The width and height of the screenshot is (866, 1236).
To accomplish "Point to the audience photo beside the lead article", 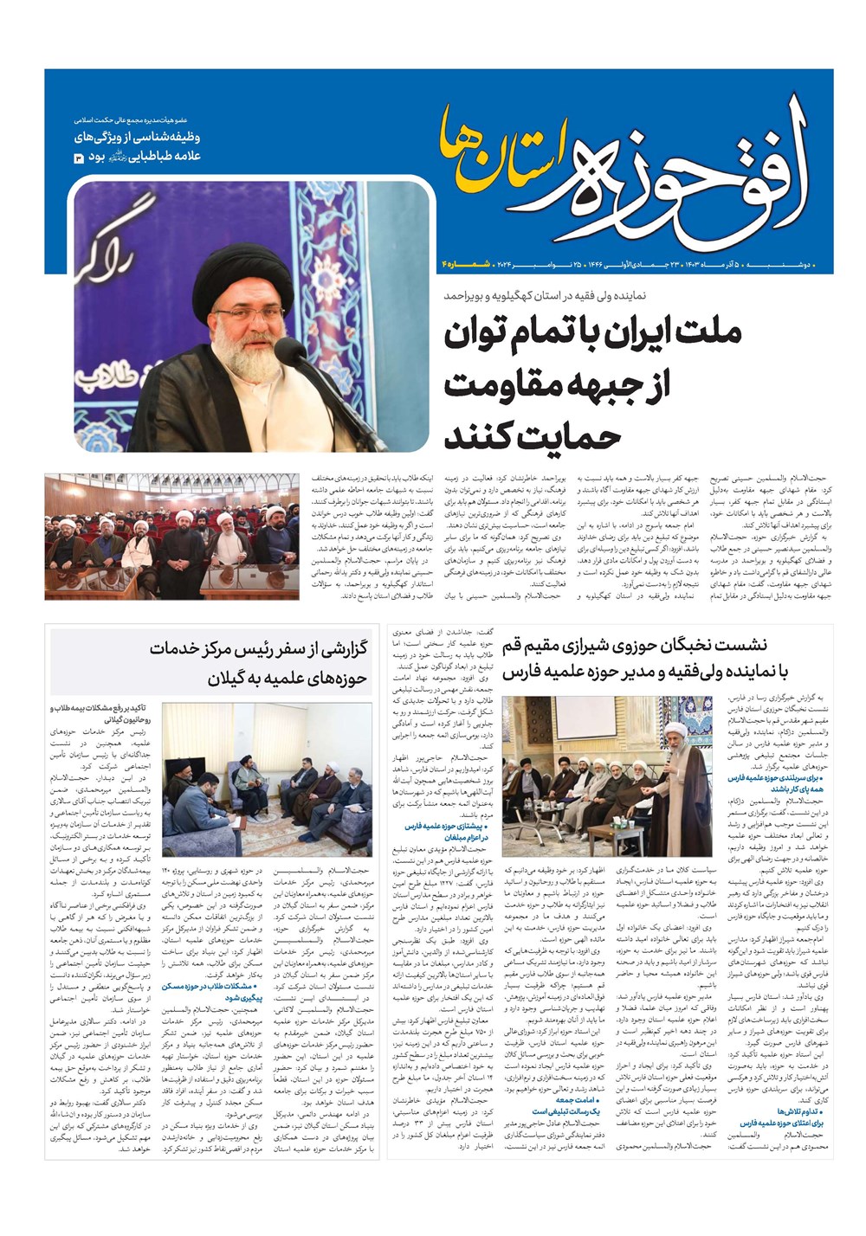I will coord(171,536).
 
